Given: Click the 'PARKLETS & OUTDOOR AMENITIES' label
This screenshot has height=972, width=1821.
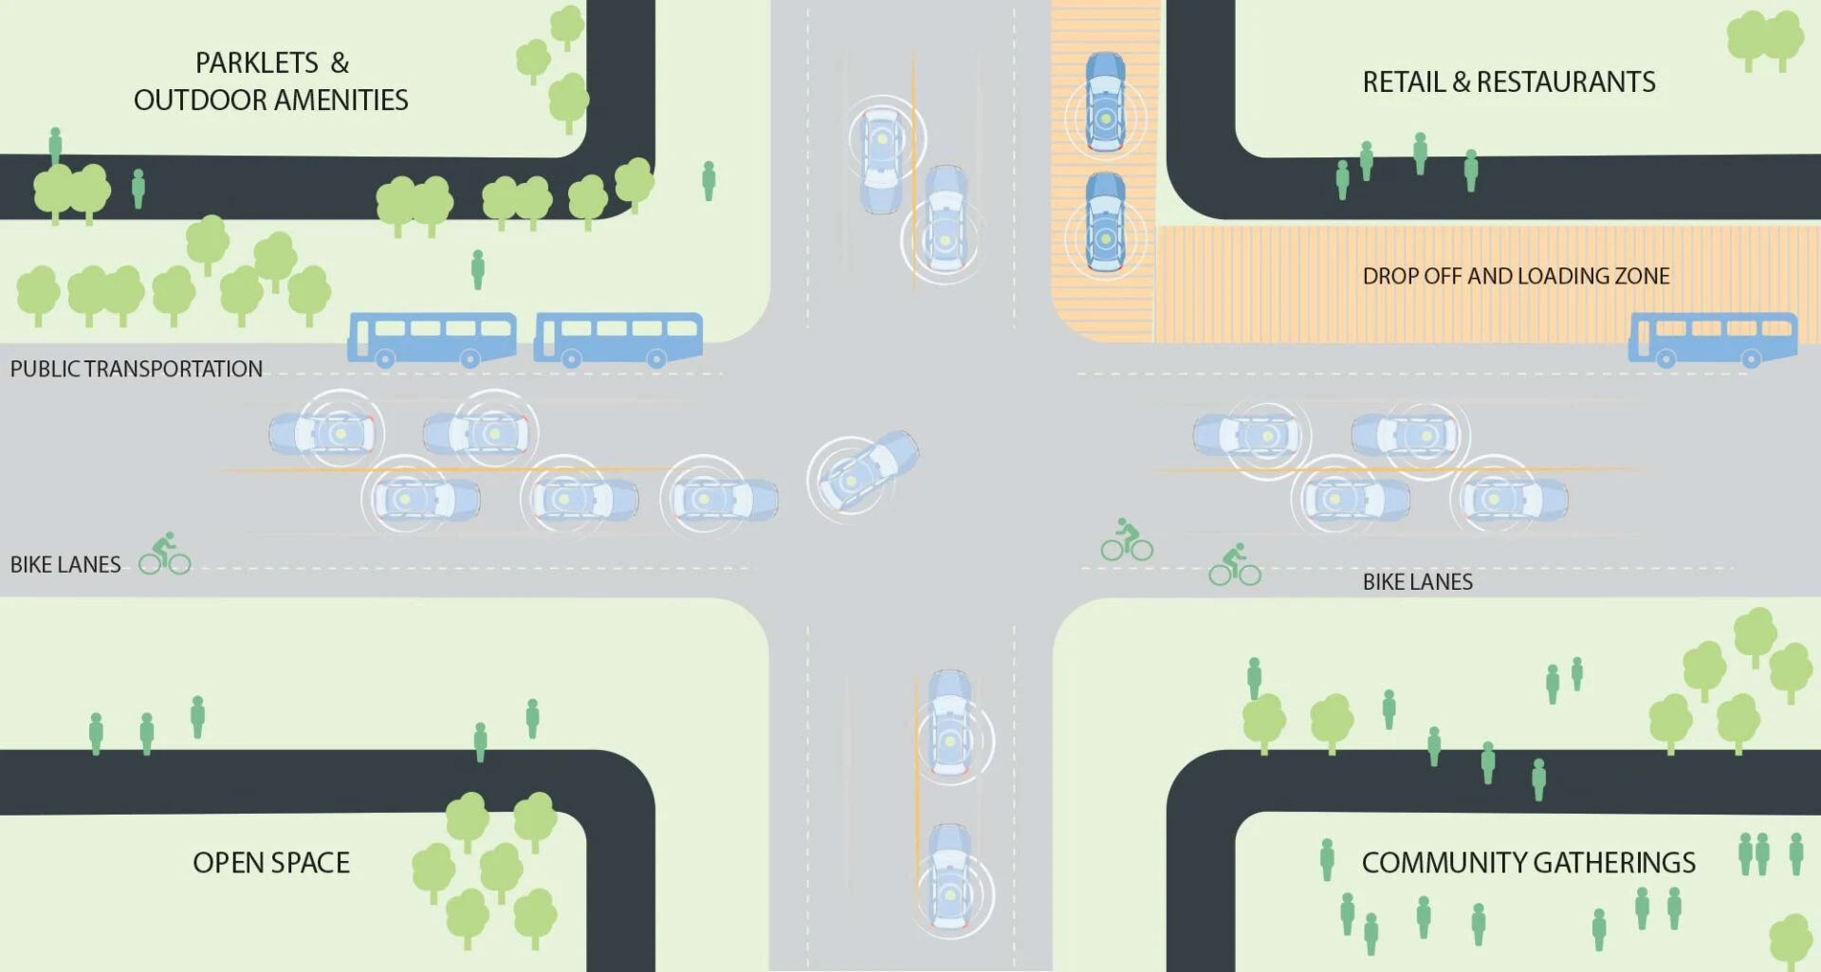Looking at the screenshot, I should click(271, 82).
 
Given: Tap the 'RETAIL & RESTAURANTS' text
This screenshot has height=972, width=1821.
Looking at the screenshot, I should click(1508, 83).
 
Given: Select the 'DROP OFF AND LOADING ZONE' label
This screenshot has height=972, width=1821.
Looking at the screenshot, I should click(1516, 276).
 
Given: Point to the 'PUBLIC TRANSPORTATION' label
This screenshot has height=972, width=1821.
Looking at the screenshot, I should click(137, 369).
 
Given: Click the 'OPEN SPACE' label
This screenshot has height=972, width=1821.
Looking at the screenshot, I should click(271, 863).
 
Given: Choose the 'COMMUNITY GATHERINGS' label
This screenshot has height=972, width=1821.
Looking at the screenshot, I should click(1528, 863).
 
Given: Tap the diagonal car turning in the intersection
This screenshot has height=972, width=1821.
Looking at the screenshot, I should click(863, 471).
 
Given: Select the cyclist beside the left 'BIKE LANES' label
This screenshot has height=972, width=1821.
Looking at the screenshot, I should click(165, 554).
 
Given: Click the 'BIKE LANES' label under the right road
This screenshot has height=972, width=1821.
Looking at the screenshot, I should click(1417, 582).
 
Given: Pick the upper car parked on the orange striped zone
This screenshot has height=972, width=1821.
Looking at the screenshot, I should click(1105, 101).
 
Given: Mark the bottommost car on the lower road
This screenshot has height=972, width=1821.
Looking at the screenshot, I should click(949, 878).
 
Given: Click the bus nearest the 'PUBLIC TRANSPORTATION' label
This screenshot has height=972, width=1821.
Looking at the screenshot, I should click(432, 339).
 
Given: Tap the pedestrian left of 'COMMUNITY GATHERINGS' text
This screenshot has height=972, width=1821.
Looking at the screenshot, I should click(1327, 859).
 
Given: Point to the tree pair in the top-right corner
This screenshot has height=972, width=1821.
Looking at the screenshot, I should click(1764, 40).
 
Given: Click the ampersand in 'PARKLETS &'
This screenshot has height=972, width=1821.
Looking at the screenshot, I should click(340, 64).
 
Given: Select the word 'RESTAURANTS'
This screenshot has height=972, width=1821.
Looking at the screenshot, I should click(1566, 83).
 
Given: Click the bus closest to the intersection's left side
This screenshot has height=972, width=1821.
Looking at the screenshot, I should click(618, 339).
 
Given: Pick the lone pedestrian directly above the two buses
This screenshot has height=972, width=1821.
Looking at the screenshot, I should click(478, 269).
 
